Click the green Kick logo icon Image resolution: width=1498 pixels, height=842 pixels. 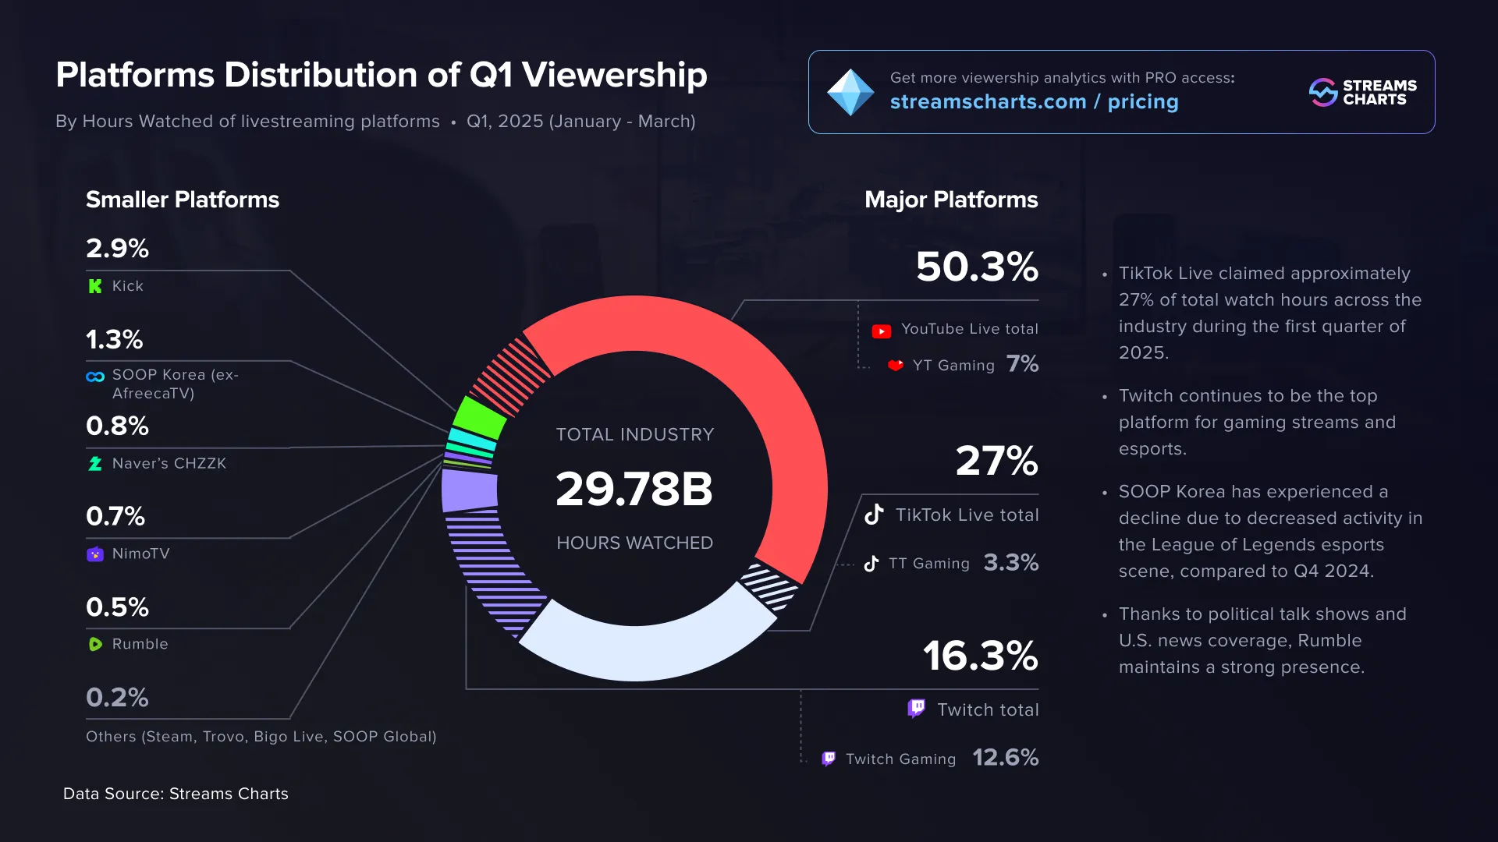[95, 286]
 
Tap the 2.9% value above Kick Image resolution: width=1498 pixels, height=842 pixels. [117, 249]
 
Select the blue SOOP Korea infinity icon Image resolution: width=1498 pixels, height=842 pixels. [95, 377]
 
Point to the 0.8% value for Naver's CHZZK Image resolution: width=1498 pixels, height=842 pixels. [117, 426]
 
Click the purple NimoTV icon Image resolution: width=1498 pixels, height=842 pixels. [95, 554]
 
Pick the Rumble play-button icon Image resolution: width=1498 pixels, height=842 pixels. [95, 644]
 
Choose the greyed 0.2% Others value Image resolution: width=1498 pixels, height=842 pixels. [117, 697]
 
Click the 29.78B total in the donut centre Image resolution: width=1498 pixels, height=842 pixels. [634, 489]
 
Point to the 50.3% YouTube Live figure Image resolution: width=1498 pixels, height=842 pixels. [977, 267]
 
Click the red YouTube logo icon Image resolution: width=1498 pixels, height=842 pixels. [882, 331]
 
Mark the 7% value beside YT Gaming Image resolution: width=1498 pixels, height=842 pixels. [1022, 364]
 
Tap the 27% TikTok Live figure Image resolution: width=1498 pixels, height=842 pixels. [996, 461]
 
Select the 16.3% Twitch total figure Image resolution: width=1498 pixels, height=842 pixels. [981, 656]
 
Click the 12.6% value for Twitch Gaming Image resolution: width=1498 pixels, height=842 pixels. [1005, 758]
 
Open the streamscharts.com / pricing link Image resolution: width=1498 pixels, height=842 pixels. [1034, 102]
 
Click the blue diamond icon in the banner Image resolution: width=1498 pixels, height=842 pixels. [850, 93]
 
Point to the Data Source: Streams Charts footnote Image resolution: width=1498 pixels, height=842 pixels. [176, 794]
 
